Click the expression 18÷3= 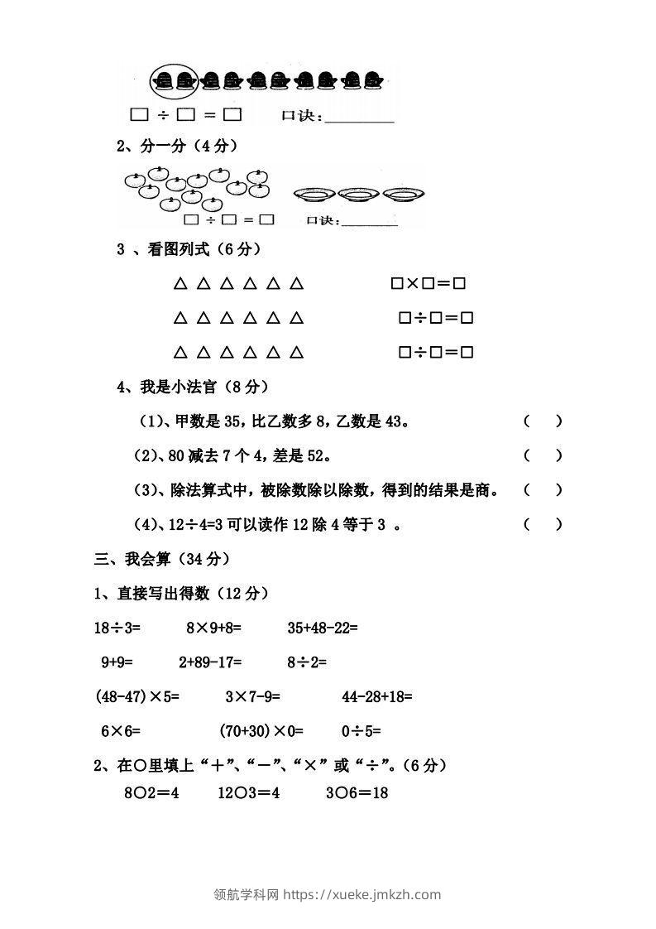click(118, 628)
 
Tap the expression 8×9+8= click(213, 628)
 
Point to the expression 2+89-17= click(210, 662)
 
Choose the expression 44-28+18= click(377, 696)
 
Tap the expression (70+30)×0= click(261, 731)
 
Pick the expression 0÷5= click(361, 731)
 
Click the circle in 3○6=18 click(341, 792)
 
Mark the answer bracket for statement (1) click(543, 421)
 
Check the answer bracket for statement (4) click(543, 523)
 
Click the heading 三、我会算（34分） click(161, 559)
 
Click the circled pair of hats click(174, 80)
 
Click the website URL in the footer click(362, 894)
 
